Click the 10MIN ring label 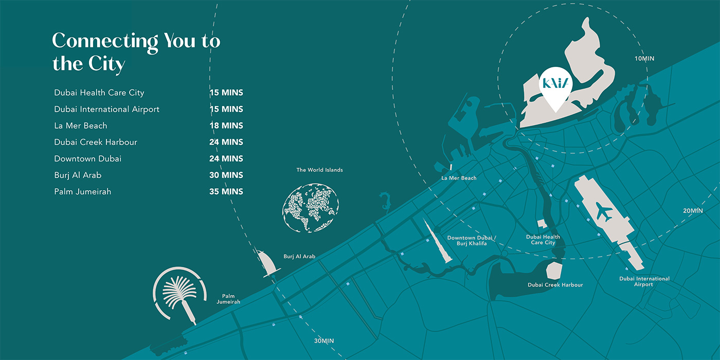pos(644,59)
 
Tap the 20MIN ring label pos(693,210)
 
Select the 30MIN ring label pos(324,341)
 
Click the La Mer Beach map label pos(459,178)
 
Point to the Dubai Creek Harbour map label pos(555,285)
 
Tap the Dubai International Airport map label pos(644,281)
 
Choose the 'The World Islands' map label pos(319,170)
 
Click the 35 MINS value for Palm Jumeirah pos(226,191)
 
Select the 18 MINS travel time pos(226,125)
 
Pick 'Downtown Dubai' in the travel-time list pos(88,158)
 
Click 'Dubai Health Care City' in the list pos(99,93)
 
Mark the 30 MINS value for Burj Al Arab pos(226,175)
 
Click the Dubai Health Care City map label pos(543,240)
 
